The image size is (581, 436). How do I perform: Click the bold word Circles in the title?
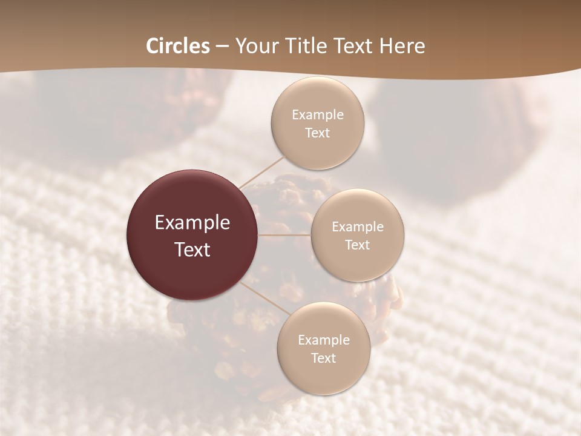177,46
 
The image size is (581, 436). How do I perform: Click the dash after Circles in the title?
222,47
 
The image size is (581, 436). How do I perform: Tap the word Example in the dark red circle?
192,223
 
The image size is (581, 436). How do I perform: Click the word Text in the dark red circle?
192,249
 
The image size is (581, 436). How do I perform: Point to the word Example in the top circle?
317,114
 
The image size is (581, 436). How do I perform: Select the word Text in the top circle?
317,133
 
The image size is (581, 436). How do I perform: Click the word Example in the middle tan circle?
357,226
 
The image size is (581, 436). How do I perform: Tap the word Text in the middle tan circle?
357,245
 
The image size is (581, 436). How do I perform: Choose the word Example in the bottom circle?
323,340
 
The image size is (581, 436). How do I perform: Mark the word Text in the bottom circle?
323,358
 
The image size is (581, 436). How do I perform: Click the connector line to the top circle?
262,171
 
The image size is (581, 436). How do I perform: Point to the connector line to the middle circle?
284,235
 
